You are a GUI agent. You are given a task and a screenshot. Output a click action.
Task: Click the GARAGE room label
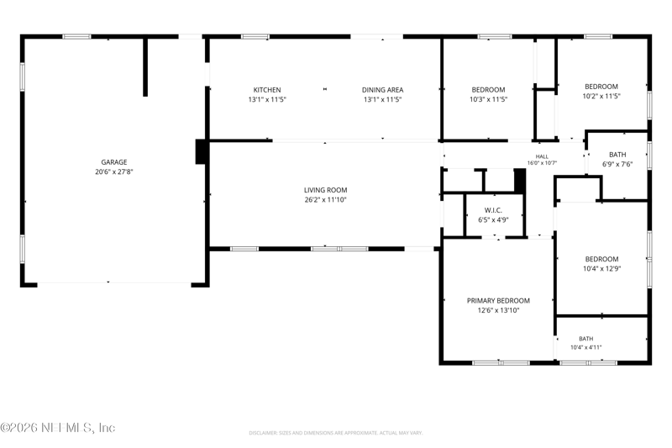[114, 162]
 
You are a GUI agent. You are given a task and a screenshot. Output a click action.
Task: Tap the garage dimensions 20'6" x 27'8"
[114, 172]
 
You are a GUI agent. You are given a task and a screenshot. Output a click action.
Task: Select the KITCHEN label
[267, 90]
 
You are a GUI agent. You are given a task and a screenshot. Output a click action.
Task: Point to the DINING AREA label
[382, 90]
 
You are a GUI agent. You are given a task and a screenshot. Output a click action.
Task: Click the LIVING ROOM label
[325, 190]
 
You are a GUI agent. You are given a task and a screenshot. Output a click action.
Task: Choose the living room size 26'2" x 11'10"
[325, 200]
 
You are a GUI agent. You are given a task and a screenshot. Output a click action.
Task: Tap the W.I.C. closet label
[493, 210]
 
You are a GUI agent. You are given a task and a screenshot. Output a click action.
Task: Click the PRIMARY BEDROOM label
[498, 301]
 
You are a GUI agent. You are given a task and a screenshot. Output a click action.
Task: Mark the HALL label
[542, 156]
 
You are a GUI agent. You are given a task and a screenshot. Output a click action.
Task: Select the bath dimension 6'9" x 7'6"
[617, 164]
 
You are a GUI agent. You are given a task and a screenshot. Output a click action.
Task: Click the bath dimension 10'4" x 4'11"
[585, 348]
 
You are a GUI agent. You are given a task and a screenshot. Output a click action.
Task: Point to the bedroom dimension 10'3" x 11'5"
[488, 99]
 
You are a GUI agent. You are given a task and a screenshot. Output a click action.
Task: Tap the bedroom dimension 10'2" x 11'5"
[601, 97]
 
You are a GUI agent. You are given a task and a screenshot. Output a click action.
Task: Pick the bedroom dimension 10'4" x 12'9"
[601, 269]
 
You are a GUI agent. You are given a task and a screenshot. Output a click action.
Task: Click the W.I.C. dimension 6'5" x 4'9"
[493, 220]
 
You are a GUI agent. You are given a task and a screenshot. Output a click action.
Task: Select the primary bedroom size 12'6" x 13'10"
[498, 310]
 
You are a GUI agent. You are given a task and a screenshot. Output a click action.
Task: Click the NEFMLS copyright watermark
[58, 428]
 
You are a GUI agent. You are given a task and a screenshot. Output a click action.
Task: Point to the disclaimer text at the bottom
[335, 433]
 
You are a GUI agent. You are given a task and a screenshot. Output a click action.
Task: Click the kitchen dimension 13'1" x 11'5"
[267, 99]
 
